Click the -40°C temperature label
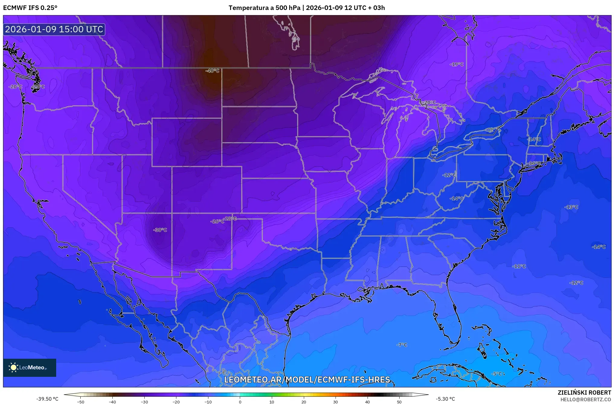(x=212, y=71)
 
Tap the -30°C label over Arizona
(x=160, y=230)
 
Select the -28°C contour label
(x=230, y=219)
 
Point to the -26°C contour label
(x=217, y=221)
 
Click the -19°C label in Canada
(x=456, y=64)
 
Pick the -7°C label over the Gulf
(x=402, y=345)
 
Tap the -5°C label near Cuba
(x=497, y=374)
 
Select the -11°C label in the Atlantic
(x=519, y=266)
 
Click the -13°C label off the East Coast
(x=571, y=207)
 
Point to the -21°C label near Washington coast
(x=38, y=87)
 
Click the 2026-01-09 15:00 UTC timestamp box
(x=54, y=29)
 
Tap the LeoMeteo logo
(x=30, y=367)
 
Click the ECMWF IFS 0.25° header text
(x=30, y=8)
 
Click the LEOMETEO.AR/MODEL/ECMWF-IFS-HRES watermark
(x=307, y=380)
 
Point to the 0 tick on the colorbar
(x=240, y=402)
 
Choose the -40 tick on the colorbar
(x=112, y=402)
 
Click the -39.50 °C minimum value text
(x=47, y=399)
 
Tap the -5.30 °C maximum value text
(x=445, y=399)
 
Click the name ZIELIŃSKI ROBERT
(x=584, y=393)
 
